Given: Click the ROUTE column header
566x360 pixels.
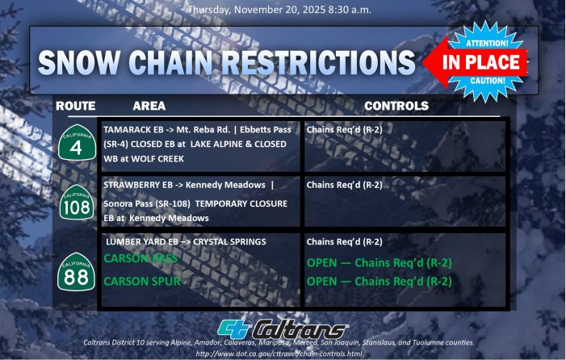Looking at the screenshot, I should click(76, 106).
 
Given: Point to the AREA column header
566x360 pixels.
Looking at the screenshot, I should click(149, 106).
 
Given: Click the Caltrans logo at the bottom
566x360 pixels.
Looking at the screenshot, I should click(283, 329).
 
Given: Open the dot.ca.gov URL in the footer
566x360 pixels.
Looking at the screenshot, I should click(283, 354).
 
